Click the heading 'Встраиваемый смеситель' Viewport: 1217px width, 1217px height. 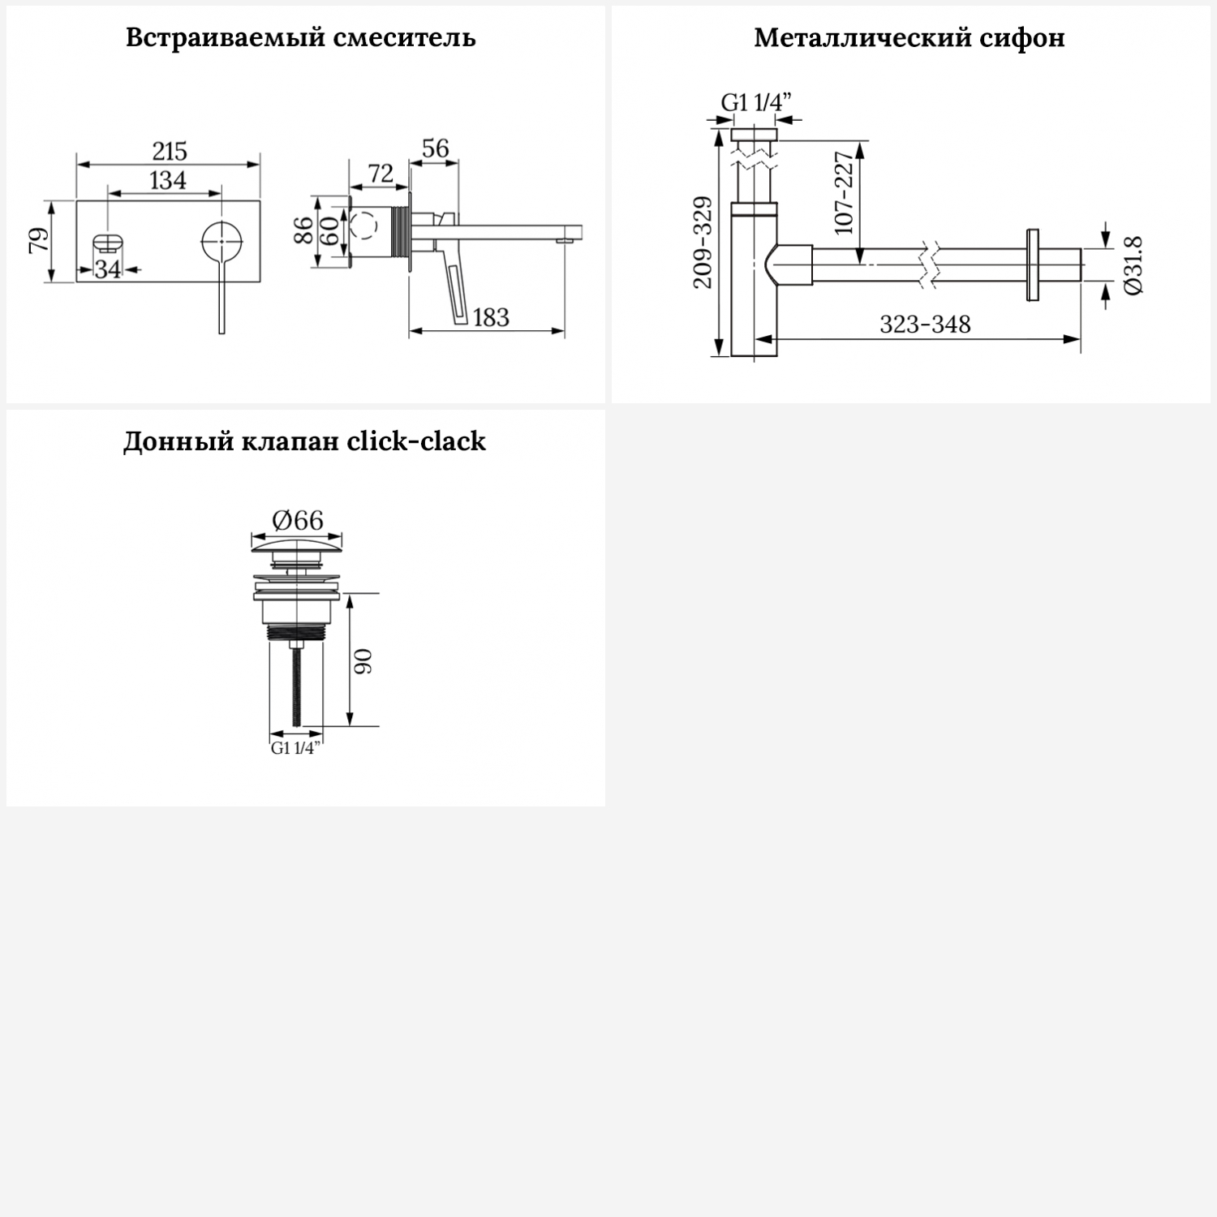[x=300, y=38]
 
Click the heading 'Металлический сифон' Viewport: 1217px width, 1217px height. [x=909, y=38]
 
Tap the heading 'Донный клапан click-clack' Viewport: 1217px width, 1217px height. [x=304, y=441]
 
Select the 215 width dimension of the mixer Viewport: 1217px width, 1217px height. [x=170, y=151]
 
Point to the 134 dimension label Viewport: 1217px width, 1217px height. [x=167, y=180]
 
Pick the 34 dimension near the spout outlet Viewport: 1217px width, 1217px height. [x=108, y=269]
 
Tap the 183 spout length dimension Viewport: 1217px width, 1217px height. [x=490, y=317]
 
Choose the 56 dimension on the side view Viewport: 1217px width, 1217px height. [x=435, y=148]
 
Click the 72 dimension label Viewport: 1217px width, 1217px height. [x=380, y=174]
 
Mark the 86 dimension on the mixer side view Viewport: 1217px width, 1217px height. [x=303, y=230]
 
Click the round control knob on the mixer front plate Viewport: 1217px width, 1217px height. [x=221, y=241]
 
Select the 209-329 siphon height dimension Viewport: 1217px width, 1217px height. [x=703, y=242]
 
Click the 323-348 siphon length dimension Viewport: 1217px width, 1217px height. [x=925, y=325]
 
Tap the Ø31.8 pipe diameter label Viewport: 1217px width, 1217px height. [x=1133, y=264]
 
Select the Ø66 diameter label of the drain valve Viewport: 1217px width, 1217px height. [x=297, y=520]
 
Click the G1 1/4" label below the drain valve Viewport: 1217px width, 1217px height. [x=295, y=748]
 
